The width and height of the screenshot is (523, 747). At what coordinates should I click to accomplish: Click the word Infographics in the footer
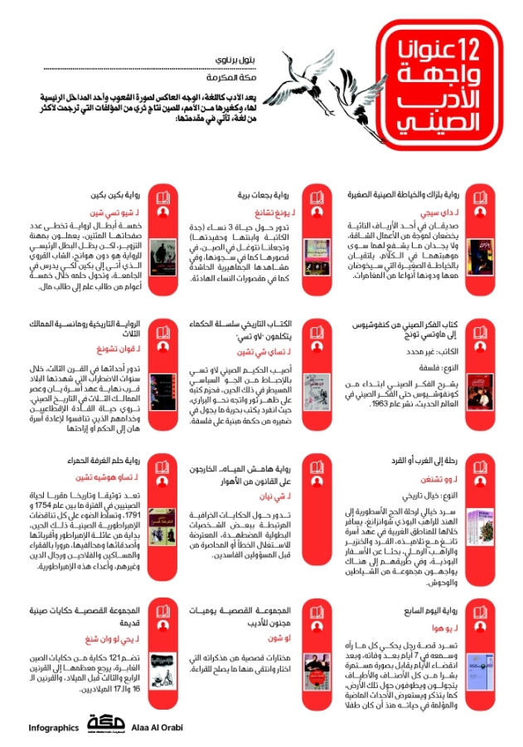pos(51,727)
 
